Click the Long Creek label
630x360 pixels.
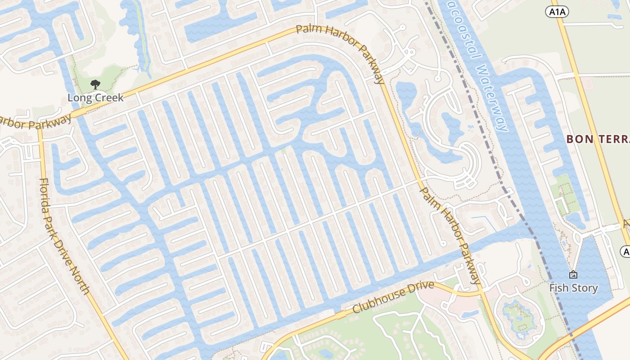tap(95, 98)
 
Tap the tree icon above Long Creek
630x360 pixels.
tap(95, 84)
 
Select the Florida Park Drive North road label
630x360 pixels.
tap(64, 236)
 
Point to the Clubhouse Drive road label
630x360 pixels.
tap(393, 297)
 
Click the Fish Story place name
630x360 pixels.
tap(573, 288)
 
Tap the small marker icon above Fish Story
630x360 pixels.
tap(573, 274)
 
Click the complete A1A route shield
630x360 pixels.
tap(557, 12)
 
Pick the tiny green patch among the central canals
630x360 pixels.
tap(283, 150)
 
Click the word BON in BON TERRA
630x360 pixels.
tap(576, 139)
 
